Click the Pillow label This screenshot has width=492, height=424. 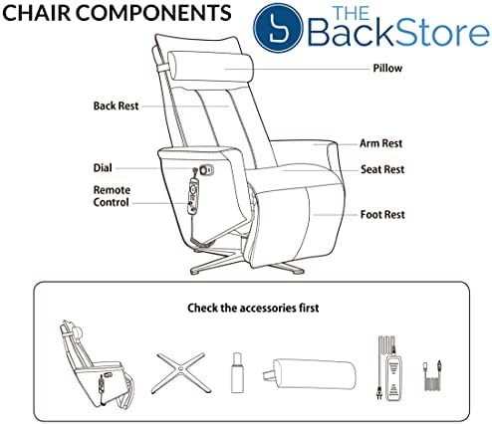tap(387, 68)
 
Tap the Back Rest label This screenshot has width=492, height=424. tap(116, 106)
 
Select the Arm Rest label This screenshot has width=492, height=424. tap(381, 143)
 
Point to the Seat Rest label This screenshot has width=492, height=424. tap(382, 169)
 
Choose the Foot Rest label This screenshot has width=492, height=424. tap(382, 214)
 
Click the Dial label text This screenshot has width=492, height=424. tap(103, 167)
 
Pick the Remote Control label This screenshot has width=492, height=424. tap(112, 196)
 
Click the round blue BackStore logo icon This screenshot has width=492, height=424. tap(278, 28)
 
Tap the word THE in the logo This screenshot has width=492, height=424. tap(352, 13)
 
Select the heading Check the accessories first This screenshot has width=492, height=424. tap(253, 308)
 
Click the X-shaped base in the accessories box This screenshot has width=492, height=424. tap(181, 373)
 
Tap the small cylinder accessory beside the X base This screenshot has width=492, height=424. tap(237, 372)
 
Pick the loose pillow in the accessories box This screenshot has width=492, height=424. tap(310, 373)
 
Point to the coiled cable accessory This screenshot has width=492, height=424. tap(432, 376)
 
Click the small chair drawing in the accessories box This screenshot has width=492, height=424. tap(97, 364)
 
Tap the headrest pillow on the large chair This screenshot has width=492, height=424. tap(210, 67)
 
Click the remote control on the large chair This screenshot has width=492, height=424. tap(193, 196)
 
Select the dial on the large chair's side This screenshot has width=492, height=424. tap(206, 170)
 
